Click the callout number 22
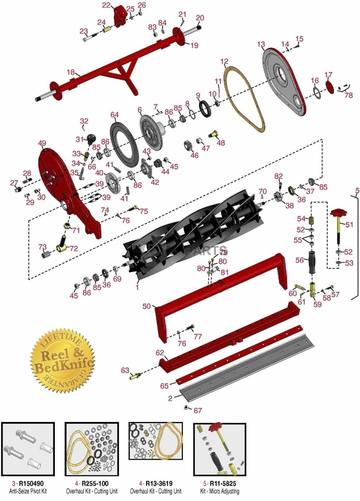[x=106, y=5]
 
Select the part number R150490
[x=31, y=484]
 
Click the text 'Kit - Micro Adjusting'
[x=219, y=491]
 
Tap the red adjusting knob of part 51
[x=338, y=212]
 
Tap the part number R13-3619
[x=159, y=484]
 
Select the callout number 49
[x=42, y=143]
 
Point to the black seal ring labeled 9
[x=204, y=108]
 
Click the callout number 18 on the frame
[x=71, y=72]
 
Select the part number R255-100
[x=95, y=484]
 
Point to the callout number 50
[x=147, y=306]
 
